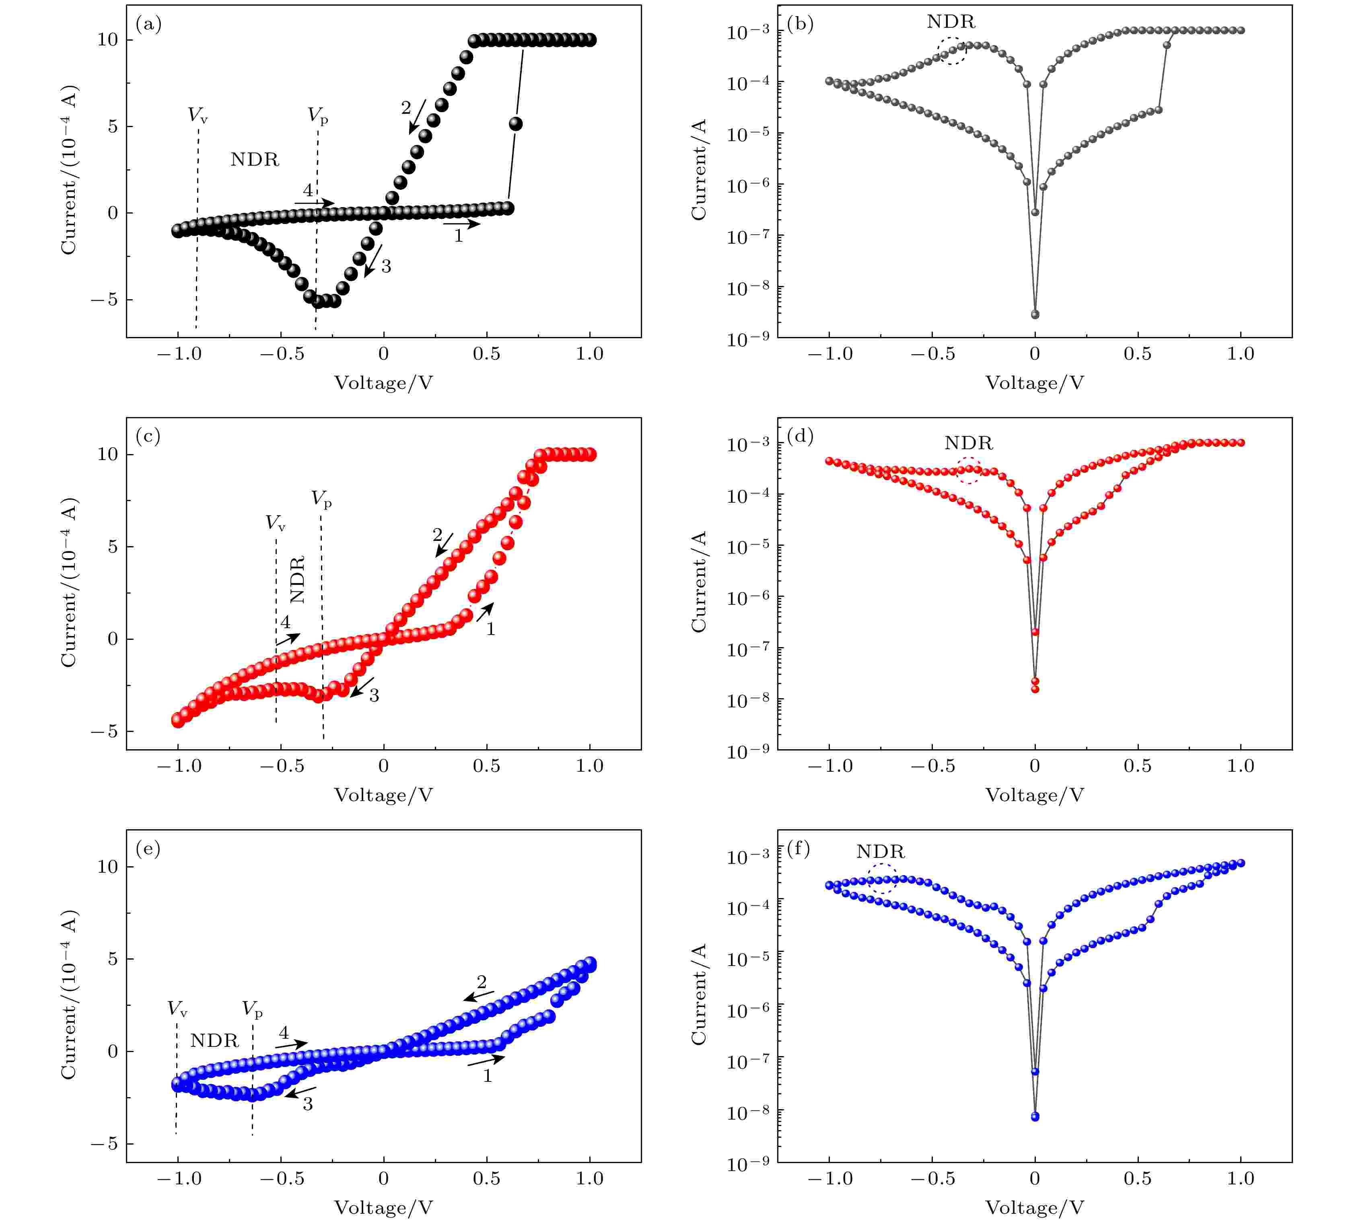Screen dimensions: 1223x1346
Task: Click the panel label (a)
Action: (x=148, y=25)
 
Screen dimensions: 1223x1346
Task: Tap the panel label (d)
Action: (x=800, y=437)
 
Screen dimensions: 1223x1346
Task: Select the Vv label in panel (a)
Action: (x=198, y=115)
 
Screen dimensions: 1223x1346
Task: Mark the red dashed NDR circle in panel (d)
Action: (x=969, y=470)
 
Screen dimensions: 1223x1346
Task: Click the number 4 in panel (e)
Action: (x=284, y=1033)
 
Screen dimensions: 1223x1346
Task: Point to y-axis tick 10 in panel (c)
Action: (x=107, y=454)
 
